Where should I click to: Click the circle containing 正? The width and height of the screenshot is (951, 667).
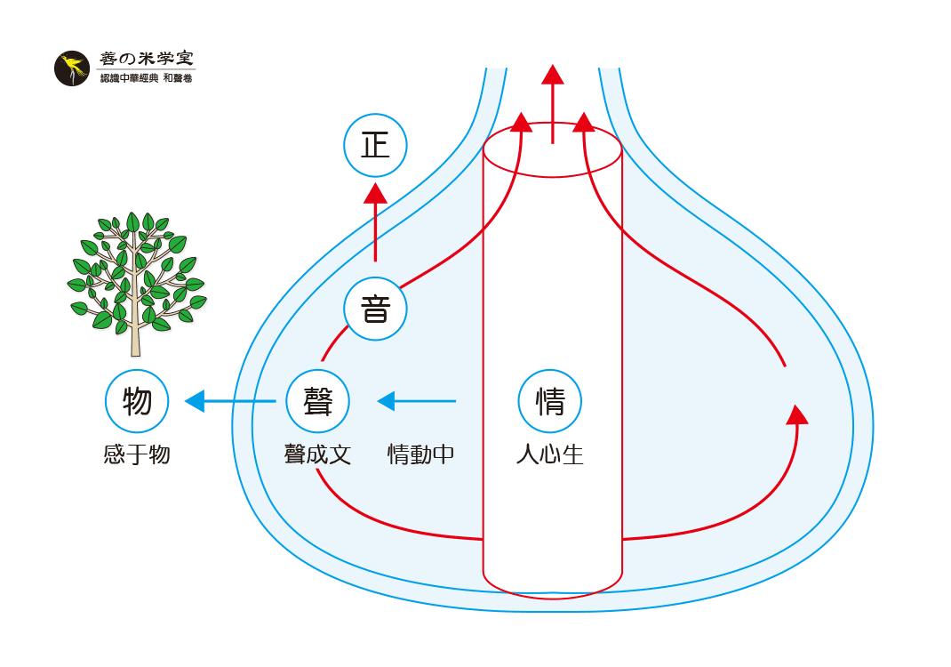[x=375, y=145]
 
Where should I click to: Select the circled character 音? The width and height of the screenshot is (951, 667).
[x=375, y=309]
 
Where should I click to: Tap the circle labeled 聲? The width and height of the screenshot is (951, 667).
[x=317, y=401]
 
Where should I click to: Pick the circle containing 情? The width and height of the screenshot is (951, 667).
[x=549, y=401]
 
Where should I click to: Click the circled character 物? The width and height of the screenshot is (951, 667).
[x=137, y=401]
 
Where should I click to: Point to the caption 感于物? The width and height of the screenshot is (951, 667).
[x=137, y=455]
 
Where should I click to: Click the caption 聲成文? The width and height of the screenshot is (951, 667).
[x=317, y=455]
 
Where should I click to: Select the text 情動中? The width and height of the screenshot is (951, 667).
[x=420, y=455]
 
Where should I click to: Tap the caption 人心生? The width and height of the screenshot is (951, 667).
[x=549, y=455]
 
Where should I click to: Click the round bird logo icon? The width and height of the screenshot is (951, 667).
[x=72, y=68]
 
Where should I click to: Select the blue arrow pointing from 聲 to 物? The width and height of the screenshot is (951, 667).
[x=229, y=401]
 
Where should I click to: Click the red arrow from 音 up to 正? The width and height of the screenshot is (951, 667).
[x=375, y=222]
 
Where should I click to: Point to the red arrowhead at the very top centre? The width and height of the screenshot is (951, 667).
[x=553, y=76]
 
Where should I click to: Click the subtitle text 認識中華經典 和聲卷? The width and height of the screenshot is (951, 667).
[x=146, y=79]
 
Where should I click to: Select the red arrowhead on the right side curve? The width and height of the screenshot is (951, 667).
[x=797, y=414]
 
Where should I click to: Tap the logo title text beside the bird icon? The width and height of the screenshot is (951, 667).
[x=146, y=59]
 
